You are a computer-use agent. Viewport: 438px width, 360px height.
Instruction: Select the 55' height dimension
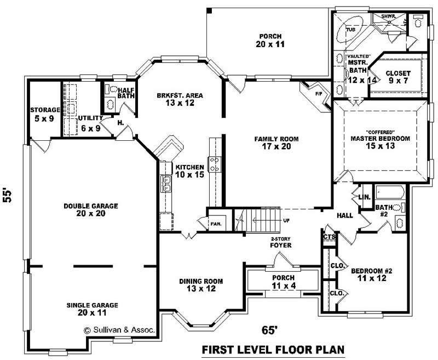pyautogui.click(x=8, y=196)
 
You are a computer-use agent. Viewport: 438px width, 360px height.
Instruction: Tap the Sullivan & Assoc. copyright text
pyautogui.click(x=119, y=330)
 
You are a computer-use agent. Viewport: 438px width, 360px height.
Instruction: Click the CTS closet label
pyautogui.click(x=329, y=237)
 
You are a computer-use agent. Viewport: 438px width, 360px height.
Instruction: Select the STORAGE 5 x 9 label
pyautogui.click(x=45, y=114)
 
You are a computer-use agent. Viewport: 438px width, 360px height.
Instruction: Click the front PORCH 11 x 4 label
pyautogui.click(x=283, y=281)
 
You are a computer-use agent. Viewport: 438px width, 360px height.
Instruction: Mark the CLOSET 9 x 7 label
pyautogui.click(x=397, y=77)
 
